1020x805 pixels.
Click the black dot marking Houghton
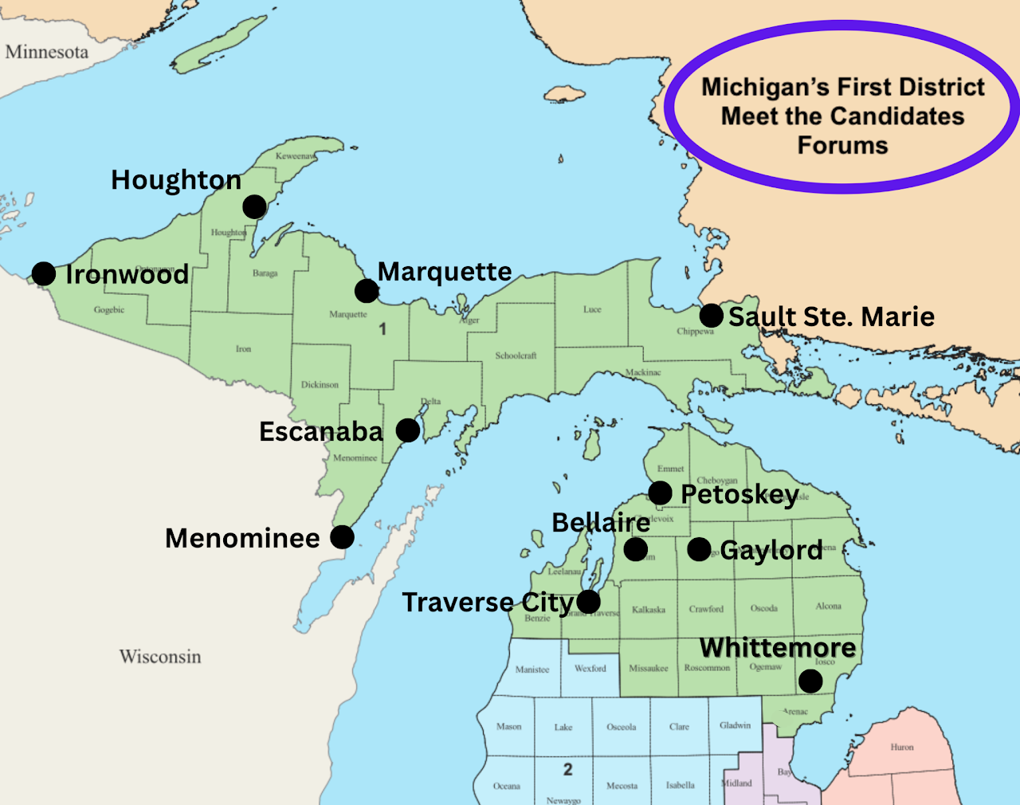(x=254, y=207)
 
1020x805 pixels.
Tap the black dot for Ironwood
(x=44, y=274)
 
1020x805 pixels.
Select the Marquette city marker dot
(x=367, y=291)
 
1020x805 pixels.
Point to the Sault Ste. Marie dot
(x=712, y=316)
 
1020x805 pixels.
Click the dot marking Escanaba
(x=408, y=430)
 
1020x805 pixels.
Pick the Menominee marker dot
(x=342, y=537)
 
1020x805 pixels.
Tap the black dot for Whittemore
(x=810, y=681)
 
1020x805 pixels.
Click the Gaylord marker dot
(x=699, y=549)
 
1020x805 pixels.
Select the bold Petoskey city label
(x=739, y=495)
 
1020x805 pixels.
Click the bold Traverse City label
(x=488, y=603)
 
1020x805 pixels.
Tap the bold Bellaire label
(x=601, y=523)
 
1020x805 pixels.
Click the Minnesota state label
(x=47, y=53)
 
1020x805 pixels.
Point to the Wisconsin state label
(x=160, y=657)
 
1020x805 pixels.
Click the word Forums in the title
(x=842, y=146)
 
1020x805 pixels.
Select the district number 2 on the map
(x=567, y=769)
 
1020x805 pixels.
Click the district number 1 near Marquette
(x=382, y=329)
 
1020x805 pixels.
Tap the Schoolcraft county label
(x=516, y=356)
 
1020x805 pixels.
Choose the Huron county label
(x=902, y=748)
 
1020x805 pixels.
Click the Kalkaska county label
(x=649, y=610)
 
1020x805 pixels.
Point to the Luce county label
(x=592, y=309)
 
